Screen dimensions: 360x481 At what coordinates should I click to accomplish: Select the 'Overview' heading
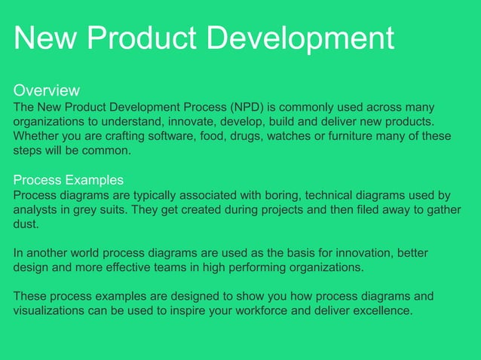tap(47, 91)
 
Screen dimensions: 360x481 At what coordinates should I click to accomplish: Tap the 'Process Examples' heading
tap(69, 180)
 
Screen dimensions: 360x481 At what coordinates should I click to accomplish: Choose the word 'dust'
tap(26, 224)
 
